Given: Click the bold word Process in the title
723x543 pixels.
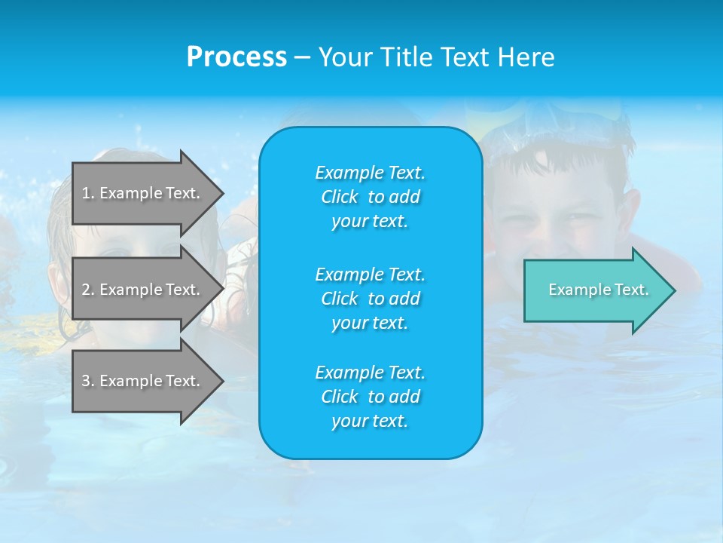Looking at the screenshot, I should click(236, 57).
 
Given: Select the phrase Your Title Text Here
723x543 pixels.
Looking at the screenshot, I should click(436, 57).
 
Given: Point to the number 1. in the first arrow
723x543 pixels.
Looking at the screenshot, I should click(88, 193).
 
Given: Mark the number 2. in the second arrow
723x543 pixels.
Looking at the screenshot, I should click(88, 290).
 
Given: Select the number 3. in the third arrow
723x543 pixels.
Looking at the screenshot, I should click(88, 381).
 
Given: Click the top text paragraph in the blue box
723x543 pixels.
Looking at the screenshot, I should click(370, 197).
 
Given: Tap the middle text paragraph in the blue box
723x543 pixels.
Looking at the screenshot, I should click(370, 299).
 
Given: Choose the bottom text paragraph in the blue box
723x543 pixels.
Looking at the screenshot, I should click(370, 397).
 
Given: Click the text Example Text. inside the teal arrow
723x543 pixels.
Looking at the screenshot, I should click(598, 290).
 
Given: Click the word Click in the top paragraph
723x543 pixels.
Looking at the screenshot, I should click(340, 197).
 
